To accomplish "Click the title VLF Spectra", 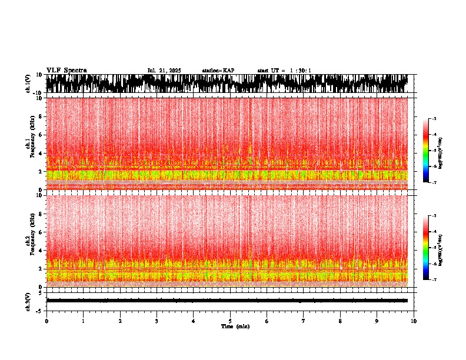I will (66, 70).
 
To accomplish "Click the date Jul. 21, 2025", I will (164, 71).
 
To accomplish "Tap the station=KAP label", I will (218, 71).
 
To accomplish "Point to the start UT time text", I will (284, 71).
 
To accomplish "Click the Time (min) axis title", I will (235, 326).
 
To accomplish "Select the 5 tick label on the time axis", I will (230, 321).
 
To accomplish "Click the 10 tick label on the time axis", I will (414, 321).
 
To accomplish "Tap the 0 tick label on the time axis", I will (46, 321).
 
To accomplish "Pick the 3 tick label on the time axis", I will (157, 321).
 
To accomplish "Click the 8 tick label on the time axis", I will (340, 321).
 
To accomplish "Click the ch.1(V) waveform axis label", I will (28, 84).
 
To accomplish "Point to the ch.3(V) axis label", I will (28, 301).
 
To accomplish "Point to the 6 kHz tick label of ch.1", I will (41, 135).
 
